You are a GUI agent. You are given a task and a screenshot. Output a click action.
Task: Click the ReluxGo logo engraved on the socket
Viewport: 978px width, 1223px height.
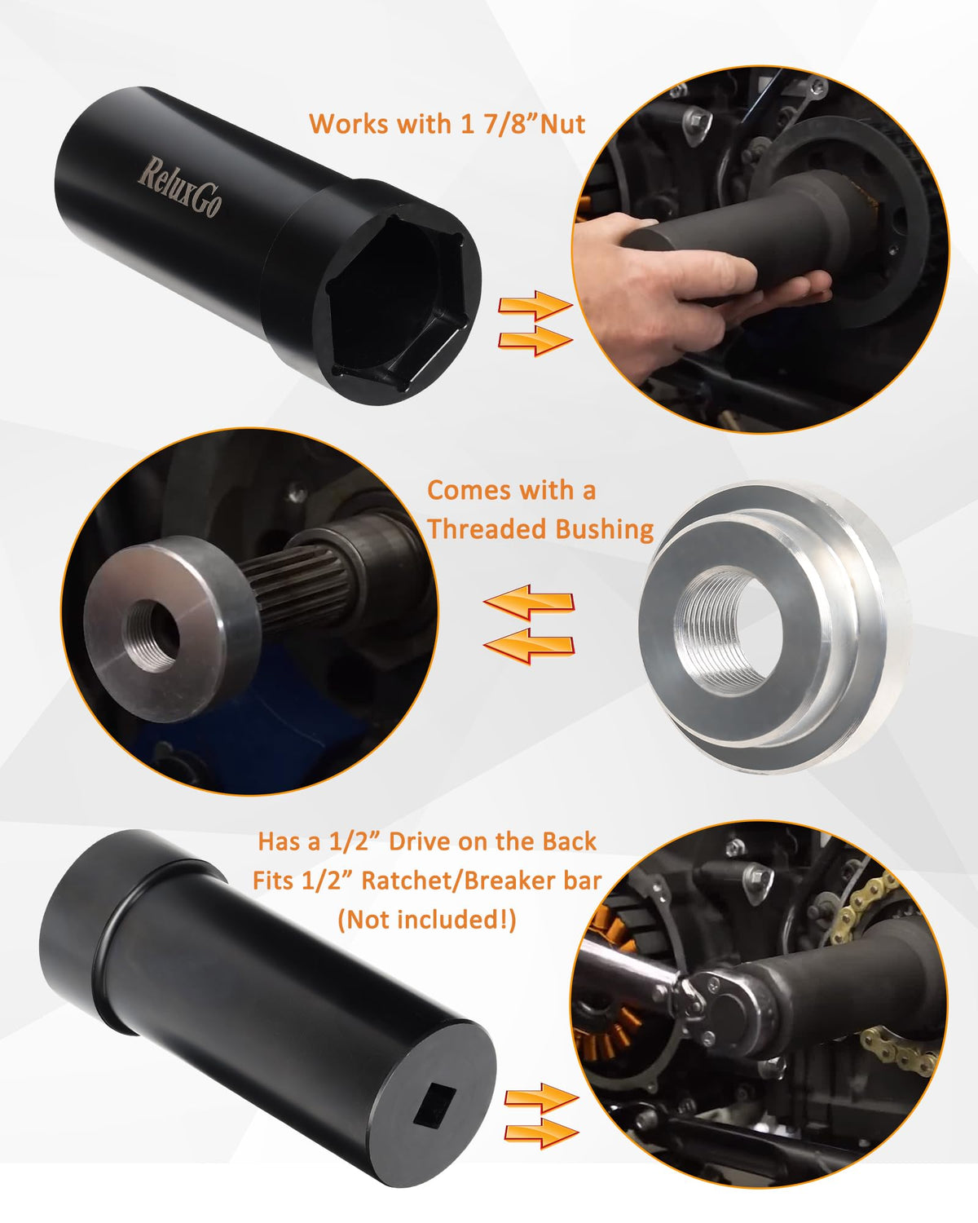click(x=179, y=188)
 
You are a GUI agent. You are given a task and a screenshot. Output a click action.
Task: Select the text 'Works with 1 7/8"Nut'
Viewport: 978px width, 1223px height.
click(x=447, y=125)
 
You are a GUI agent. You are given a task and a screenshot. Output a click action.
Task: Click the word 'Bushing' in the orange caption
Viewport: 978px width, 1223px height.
click(x=605, y=530)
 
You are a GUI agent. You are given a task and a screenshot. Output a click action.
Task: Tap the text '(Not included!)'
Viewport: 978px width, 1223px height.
click(x=427, y=920)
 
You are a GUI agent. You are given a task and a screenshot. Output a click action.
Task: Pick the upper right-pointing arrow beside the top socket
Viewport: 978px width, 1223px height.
click(x=535, y=306)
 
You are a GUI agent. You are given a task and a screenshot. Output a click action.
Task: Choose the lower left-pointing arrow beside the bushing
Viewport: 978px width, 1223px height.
click(x=529, y=647)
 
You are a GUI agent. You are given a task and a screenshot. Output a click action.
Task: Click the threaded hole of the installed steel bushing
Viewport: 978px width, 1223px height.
click(x=152, y=636)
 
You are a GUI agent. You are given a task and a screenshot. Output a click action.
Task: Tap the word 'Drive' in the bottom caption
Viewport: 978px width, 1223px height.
click(x=420, y=842)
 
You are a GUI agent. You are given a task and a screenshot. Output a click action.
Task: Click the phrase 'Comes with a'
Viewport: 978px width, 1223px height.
click(x=512, y=491)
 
